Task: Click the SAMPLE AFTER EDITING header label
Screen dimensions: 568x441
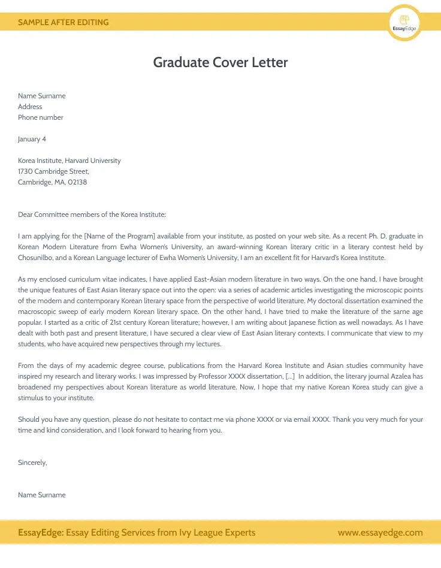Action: pyautogui.click(x=63, y=22)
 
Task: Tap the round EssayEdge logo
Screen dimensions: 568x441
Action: pyautogui.click(x=404, y=23)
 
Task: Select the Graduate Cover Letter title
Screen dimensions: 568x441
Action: pyautogui.click(x=220, y=62)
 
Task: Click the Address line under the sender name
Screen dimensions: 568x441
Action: pyautogui.click(x=30, y=107)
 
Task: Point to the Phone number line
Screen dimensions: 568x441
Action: pyautogui.click(x=40, y=117)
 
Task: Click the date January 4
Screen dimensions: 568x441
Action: pyautogui.click(x=32, y=139)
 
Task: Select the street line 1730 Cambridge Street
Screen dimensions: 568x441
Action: pyautogui.click(x=53, y=171)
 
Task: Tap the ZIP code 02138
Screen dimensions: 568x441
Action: pyautogui.click(x=77, y=182)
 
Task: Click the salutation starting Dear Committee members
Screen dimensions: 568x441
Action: pyautogui.click(x=92, y=214)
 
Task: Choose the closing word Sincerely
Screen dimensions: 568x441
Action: pyautogui.click(x=32, y=463)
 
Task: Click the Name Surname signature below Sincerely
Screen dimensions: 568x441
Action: pyautogui.click(x=41, y=495)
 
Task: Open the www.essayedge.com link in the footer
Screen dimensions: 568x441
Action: pyautogui.click(x=380, y=533)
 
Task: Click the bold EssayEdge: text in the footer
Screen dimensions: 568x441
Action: pyautogui.click(x=41, y=533)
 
